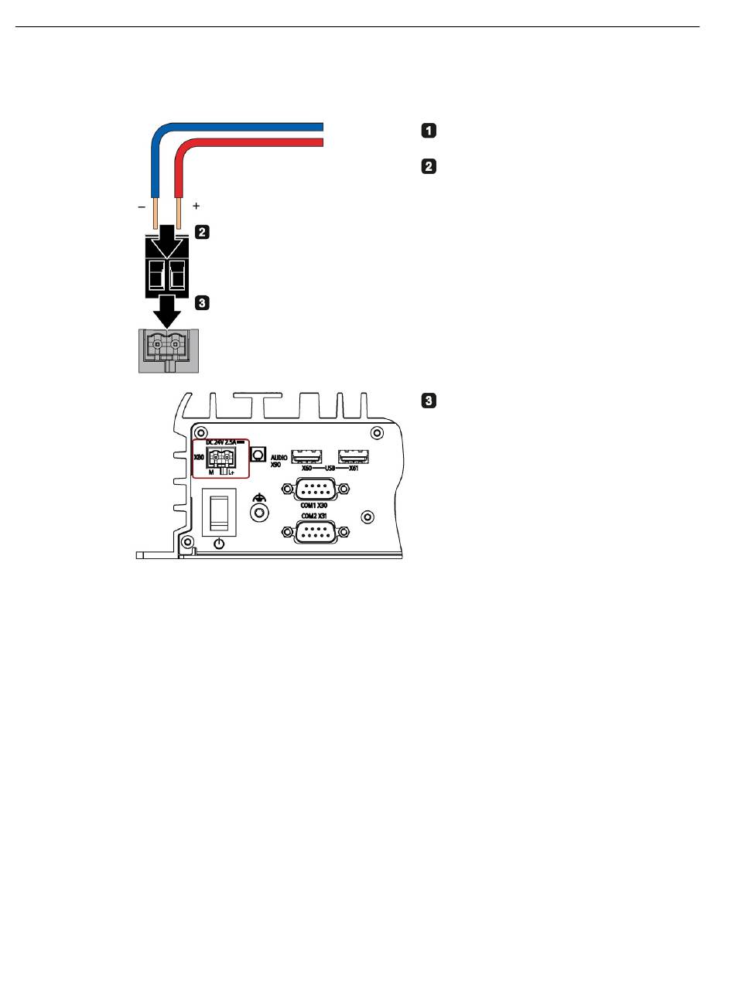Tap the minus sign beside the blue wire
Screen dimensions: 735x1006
(x=141, y=207)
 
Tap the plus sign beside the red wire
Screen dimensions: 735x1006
(x=197, y=206)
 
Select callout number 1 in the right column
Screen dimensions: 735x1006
(x=429, y=131)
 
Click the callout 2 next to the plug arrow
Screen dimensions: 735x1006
(x=202, y=231)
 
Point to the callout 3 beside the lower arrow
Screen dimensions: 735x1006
(x=202, y=303)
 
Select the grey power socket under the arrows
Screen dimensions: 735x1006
(x=169, y=350)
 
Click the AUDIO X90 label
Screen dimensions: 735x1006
(x=279, y=461)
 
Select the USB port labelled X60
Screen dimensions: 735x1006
(x=306, y=455)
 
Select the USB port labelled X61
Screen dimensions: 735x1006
(x=354, y=455)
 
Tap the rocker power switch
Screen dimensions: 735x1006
(x=218, y=511)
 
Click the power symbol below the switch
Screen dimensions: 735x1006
(x=219, y=544)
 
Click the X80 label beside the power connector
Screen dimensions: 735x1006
(x=198, y=458)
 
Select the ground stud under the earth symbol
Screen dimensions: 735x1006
(x=261, y=513)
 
